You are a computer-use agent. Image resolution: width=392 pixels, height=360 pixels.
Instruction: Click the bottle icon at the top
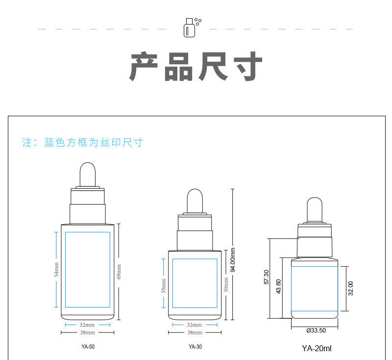coord(192,27)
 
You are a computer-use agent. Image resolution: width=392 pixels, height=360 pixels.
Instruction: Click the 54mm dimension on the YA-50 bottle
coord(56,269)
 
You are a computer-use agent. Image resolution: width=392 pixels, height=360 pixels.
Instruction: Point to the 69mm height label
coord(119,272)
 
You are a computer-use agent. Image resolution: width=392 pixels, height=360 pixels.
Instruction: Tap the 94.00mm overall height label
coord(233,259)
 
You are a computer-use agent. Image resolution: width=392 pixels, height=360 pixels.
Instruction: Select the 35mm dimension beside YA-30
coord(164,286)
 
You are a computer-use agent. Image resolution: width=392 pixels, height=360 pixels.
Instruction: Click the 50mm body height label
coord(226,284)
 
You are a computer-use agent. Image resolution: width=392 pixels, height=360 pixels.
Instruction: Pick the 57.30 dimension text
coord(267,277)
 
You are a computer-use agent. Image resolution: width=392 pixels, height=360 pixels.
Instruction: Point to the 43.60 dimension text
coord(278,286)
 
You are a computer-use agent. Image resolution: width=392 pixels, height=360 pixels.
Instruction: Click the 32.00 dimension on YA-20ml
coord(351,288)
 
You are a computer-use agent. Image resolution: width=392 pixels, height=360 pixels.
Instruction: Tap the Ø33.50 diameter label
coord(316,331)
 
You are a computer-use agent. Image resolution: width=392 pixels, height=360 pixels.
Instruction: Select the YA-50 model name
coord(88,346)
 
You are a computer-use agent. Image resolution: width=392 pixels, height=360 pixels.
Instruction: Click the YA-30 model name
coord(195,346)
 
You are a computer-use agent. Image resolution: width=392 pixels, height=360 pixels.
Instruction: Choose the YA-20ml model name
coord(317,348)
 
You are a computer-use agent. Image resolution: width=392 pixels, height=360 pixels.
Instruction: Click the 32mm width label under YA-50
coord(87,325)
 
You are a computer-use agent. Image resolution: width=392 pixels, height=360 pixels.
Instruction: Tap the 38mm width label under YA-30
coord(195,333)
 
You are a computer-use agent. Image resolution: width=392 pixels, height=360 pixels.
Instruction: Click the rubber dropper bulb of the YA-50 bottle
coord(88,175)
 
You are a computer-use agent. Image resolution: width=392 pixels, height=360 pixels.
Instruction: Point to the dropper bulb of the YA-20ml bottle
coord(315,209)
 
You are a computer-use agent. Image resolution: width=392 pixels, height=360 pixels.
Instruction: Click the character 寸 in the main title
coord(248,66)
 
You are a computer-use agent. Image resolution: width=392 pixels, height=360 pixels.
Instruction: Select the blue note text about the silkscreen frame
coord(82,142)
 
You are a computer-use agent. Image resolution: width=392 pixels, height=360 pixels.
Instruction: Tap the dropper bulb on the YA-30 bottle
coord(195,201)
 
